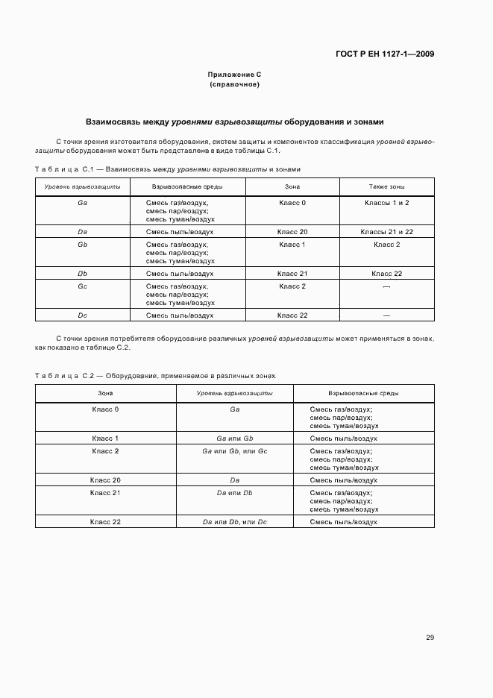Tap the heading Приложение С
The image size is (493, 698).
click(x=234, y=75)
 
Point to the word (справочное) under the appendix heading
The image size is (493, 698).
click(x=234, y=84)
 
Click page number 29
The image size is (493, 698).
click(x=430, y=637)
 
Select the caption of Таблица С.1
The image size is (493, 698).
click(x=168, y=169)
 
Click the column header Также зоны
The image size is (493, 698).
click(x=386, y=186)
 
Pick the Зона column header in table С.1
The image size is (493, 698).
click(x=292, y=186)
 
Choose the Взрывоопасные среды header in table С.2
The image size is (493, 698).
click(x=363, y=393)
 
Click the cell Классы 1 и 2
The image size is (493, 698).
click(x=386, y=203)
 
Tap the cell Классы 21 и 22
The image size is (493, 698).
click(x=386, y=232)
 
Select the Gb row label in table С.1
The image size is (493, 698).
click(x=82, y=245)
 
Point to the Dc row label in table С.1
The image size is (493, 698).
click(x=82, y=315)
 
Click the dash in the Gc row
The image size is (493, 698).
click(x=386, y=287)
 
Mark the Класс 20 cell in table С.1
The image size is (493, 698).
click(x=292, y=232)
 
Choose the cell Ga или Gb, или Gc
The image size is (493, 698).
click(x=234, y=451)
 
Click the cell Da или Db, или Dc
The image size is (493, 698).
click(x=234, y=522)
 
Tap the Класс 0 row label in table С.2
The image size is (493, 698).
click(x=105, y=409)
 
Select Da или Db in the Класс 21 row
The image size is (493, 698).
click(x=234, y=493)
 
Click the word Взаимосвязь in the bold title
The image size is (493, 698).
click(x=113, y=121)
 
